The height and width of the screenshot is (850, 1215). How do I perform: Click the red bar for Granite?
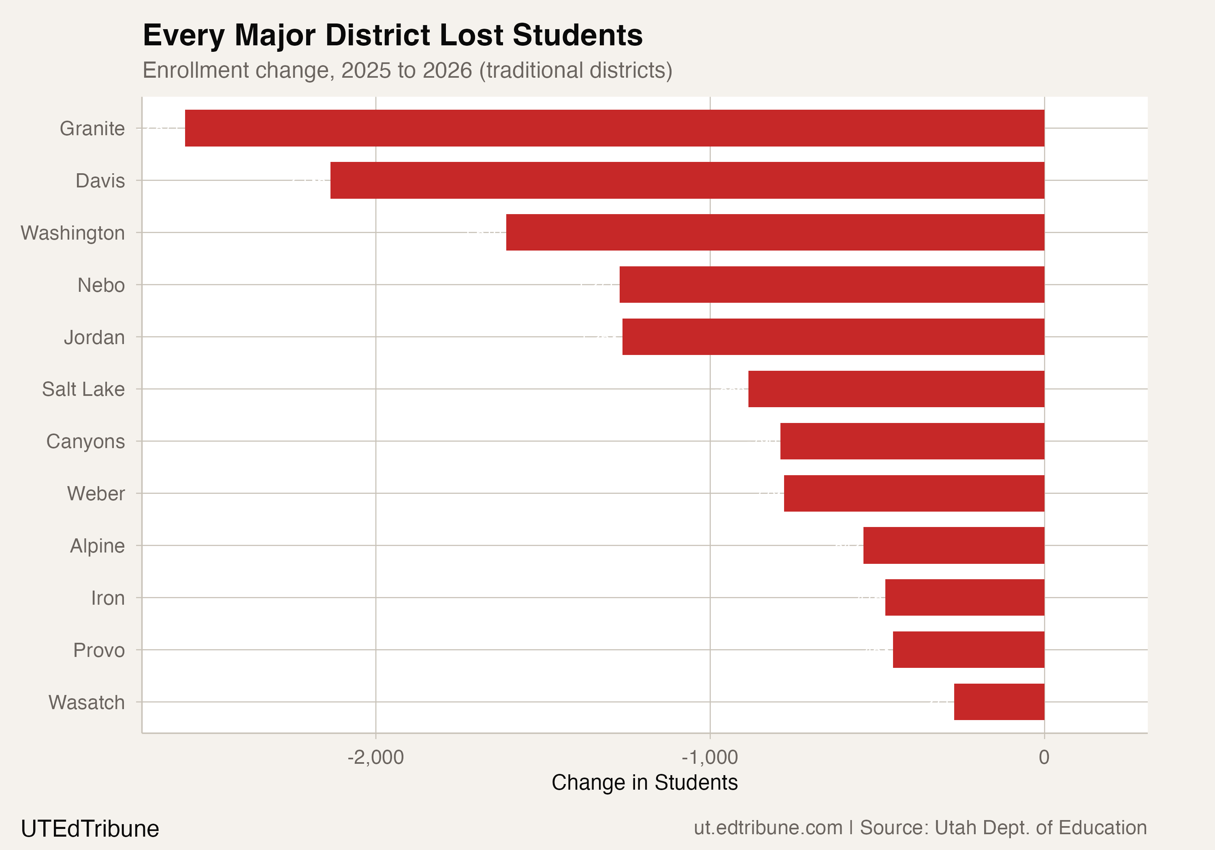(x=614, y=128)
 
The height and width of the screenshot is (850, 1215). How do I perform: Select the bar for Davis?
(x=687, y=181)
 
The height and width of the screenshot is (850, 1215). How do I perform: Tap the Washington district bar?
(x=775, y=232)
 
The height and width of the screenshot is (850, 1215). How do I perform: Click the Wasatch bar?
(x=999, y=702)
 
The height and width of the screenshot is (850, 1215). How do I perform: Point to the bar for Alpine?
(x=954, y=545)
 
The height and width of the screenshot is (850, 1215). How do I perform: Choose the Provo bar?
(x=968, y=650)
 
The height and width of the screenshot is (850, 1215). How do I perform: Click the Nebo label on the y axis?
(x=101, y=285)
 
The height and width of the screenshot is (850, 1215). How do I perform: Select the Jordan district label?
(x=94, y=337)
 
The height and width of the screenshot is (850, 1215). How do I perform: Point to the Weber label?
(x=96, y=493)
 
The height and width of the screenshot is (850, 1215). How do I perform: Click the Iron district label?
(x=108, y=598)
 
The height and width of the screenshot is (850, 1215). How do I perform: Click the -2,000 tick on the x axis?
(x=375, y=757)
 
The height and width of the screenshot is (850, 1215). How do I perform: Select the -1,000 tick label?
(x=709, y=757)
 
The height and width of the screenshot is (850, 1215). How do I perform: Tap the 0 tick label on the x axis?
(x=1044, y=757)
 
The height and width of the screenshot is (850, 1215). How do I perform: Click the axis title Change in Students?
(x=644, y=782)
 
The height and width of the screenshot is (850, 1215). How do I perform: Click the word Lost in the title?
(x=471, y=36)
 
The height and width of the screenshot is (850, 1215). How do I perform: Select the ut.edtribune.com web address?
(x=768, y=828)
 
